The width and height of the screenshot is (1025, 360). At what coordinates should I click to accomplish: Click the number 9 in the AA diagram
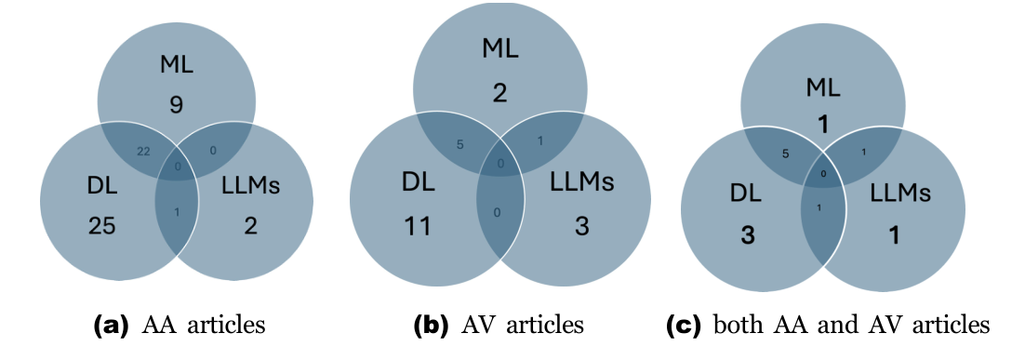coord(176,105)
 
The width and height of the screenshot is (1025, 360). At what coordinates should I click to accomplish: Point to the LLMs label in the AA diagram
coord(252,186)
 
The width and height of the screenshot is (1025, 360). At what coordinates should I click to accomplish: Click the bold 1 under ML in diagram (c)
coord(823,125)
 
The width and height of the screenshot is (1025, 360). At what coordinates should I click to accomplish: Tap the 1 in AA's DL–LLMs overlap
coord(177,212)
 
